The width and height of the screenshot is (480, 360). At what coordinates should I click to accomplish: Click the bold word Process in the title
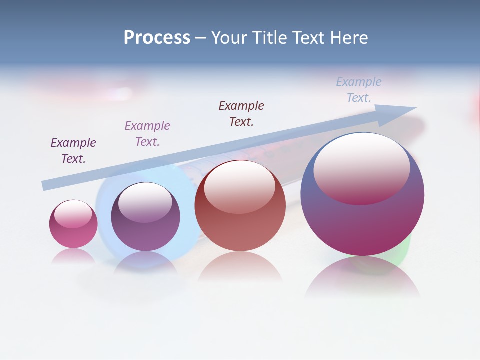157,38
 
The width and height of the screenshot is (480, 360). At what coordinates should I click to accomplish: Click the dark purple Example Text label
73,151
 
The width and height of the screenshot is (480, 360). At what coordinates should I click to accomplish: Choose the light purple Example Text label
147,134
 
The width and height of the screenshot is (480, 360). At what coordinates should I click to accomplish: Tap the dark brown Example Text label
241,114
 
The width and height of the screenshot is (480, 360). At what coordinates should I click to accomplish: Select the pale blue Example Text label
359,90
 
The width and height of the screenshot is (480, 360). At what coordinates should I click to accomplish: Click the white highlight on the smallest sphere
73,214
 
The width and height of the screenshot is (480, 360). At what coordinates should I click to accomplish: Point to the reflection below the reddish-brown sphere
240,270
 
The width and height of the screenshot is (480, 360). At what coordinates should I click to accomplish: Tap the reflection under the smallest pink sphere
73,256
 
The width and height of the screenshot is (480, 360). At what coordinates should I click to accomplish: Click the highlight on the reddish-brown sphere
239,186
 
